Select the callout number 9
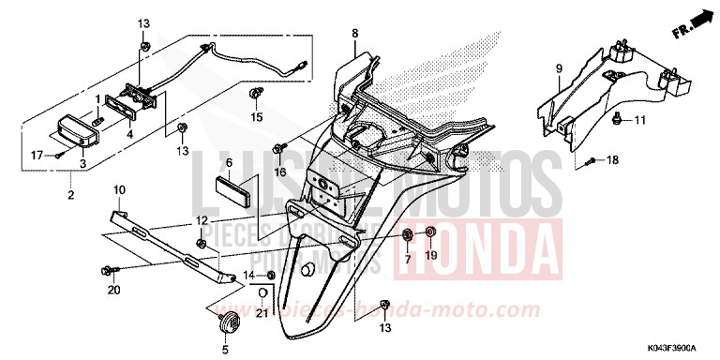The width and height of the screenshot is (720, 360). (x=558, y=67)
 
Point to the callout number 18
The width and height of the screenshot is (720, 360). (x=638, y=161)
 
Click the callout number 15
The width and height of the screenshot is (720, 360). (x=257, y=118)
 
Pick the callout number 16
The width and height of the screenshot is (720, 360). (x=279, y=172)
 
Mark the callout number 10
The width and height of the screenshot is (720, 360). (x=119, y=191)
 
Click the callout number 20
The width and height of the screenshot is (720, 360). (x=113, y=291)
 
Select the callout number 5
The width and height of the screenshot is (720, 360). (x=224, y=349)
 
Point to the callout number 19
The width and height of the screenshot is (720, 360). (x=431, y=256)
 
